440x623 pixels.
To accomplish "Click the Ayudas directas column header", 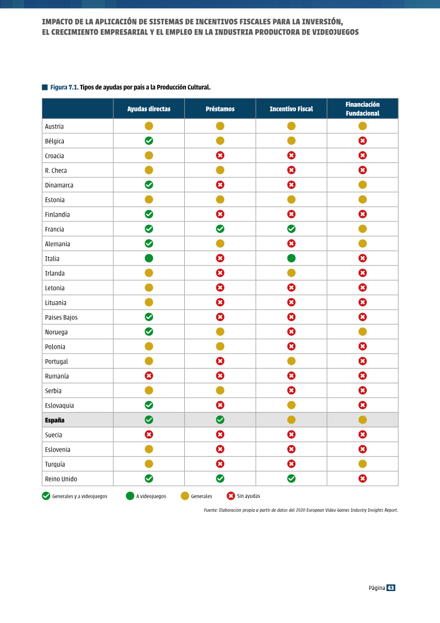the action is coord(149,109).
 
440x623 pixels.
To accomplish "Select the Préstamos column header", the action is coord(220,109).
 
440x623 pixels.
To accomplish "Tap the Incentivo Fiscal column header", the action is coord(291,109).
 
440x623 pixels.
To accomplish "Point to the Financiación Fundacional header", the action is coord(362,109).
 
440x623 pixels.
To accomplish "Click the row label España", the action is coord(54,420).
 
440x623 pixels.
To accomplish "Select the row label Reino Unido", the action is coord(61,479).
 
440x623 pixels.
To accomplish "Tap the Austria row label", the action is coord(54,126).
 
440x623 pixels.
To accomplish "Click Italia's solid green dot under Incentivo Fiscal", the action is coord(291,258).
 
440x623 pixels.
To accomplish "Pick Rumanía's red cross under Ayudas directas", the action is coord(149,376).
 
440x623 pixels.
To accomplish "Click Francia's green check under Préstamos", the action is coord(220,229).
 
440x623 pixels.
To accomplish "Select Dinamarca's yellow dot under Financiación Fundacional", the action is coord(362,185).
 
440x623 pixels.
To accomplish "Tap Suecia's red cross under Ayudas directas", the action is coord(149,435).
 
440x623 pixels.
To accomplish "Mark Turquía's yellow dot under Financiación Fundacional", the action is coord(362,464).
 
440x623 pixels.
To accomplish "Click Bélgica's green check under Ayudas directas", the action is coord(149,140).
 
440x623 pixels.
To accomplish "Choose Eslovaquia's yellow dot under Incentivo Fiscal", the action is coord(291,405).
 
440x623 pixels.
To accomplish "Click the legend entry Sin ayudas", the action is coord(244,496).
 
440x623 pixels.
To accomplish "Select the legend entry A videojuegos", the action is coord(146,496).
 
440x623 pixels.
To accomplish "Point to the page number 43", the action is coord(391,588).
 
